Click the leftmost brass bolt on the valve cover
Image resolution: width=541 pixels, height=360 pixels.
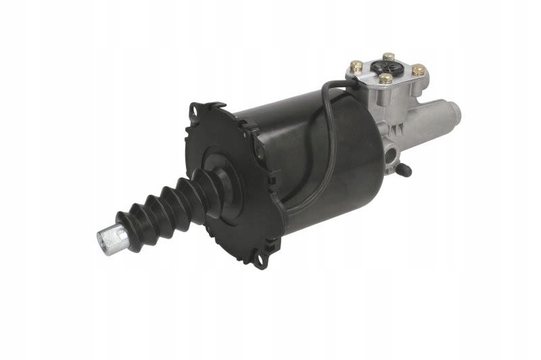(x=356, y=66)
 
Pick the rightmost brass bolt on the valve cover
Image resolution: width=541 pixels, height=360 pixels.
(x=419, y=69)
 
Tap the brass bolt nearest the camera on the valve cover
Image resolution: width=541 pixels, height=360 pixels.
(x=386, y=79)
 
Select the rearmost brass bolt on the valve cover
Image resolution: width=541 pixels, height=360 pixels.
(x=388, y=58)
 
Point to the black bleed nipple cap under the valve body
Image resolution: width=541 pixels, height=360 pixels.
(x=404, y=171)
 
